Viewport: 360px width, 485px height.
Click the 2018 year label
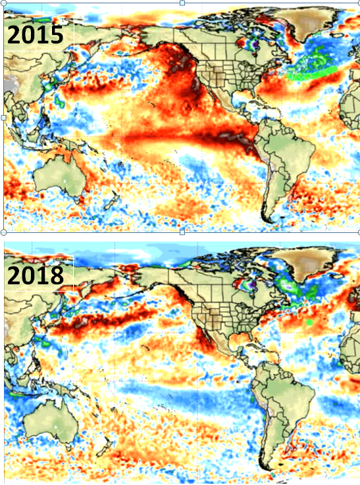click(x=36, y=276)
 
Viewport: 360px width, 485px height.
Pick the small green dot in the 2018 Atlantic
click(x=309, y=322)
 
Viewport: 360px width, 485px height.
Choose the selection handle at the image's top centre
click(x=182, y=3)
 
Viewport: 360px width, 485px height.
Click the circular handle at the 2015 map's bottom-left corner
click(x=3, y=232)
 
